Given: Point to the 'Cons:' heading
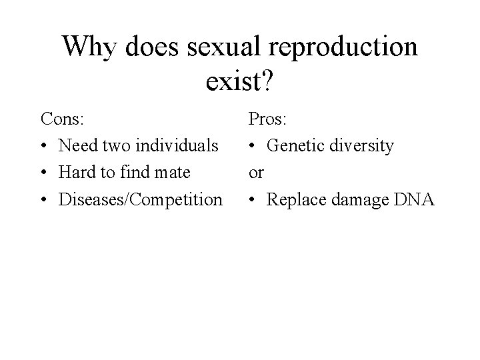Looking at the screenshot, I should point(63,119).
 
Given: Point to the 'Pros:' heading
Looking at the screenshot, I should point(268,119).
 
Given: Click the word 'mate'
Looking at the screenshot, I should point(172,173).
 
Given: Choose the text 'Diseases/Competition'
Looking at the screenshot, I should point(141,199).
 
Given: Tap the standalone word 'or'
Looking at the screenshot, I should point(256,173).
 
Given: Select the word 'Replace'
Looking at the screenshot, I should point(295,199).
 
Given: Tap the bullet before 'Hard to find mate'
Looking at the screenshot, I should point(44,173).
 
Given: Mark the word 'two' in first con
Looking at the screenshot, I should point(117,145).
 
